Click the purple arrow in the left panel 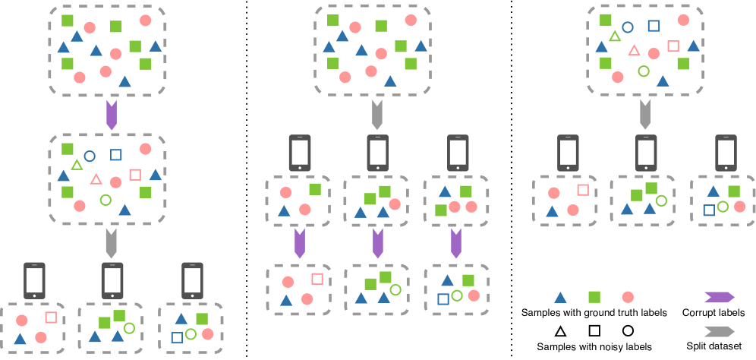click(x=112, y=115)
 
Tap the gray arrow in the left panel click(x=112, y=242)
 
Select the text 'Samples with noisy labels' click(x=594, y=346)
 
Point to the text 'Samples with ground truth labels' click(x=594, y=312)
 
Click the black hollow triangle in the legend click(x=560, y=330)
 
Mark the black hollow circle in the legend click(x=628, y=330)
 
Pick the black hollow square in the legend click(x=594, y=330)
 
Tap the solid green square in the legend click(x=594, y=298)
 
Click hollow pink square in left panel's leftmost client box click(x=51, y=317)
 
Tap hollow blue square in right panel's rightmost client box click(x=709, y=210)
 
